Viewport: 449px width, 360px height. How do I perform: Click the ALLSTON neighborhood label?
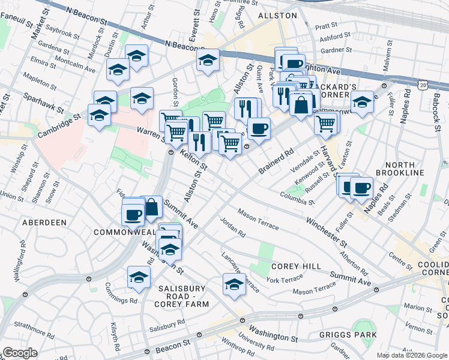tap(277, 15)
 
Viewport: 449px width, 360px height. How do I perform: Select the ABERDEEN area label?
tap(44, 223)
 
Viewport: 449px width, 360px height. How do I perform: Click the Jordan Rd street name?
tap(233, 226)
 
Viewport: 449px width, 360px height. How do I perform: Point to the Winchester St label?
tap(327, 232)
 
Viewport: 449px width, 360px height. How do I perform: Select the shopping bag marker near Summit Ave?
tap(152, 206)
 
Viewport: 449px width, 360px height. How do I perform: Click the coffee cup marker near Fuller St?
tap(361, 187)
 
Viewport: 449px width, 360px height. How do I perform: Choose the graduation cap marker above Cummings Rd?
tap(139, 277)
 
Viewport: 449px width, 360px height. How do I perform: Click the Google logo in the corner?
tap(20, 353)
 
